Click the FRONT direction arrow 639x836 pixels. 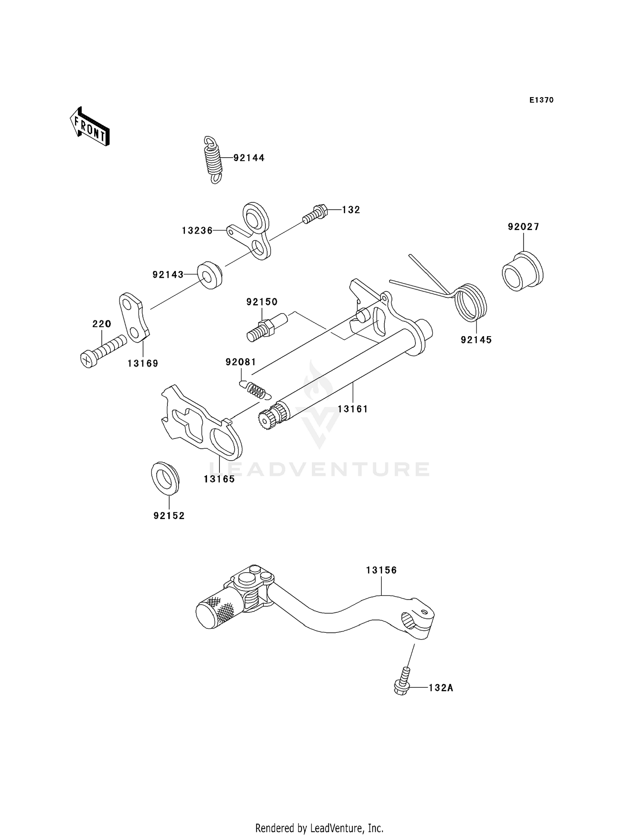[x=90, y=127]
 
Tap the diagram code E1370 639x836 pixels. [x=541, y=100]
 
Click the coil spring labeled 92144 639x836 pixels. [x=213, y=159]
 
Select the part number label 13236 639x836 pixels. [x=197, y=231]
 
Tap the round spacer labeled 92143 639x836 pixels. [x=209, y=276]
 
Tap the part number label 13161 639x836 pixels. [x=353, y=409]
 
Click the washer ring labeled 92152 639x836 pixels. [x=165, y=478]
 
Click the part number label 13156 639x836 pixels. [x=381, y=570]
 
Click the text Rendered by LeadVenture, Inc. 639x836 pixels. [x=319, y=828]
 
